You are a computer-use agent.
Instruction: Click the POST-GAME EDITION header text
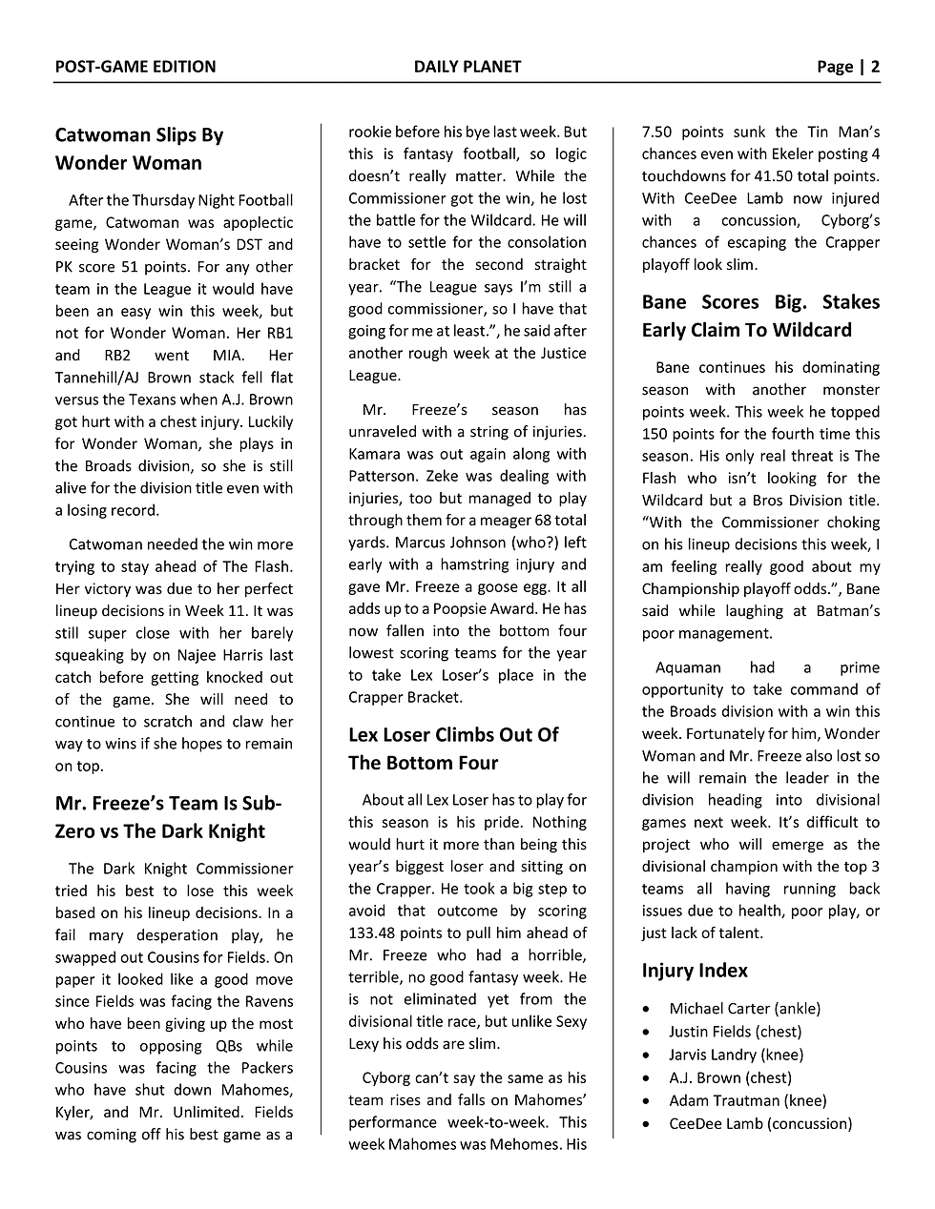coord(135,67)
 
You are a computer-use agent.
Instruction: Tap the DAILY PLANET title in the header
coord(467,67)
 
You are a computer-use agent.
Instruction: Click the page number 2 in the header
coord(875,67)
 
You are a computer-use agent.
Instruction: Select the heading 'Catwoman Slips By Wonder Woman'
coord(139,149)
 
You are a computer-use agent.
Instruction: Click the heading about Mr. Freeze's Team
coord(168,817)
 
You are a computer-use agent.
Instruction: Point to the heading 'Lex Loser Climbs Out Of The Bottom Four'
coord(453,748)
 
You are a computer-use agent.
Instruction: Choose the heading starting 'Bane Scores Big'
coord(760,316)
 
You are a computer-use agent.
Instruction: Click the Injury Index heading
coord(695,971)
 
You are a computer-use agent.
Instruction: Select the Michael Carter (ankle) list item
coord(744,1009)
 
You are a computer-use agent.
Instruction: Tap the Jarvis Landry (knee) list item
coord(736,1055)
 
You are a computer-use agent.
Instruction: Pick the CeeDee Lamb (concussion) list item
coord(760,1123)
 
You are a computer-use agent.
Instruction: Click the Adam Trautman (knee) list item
coord(747,1100)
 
